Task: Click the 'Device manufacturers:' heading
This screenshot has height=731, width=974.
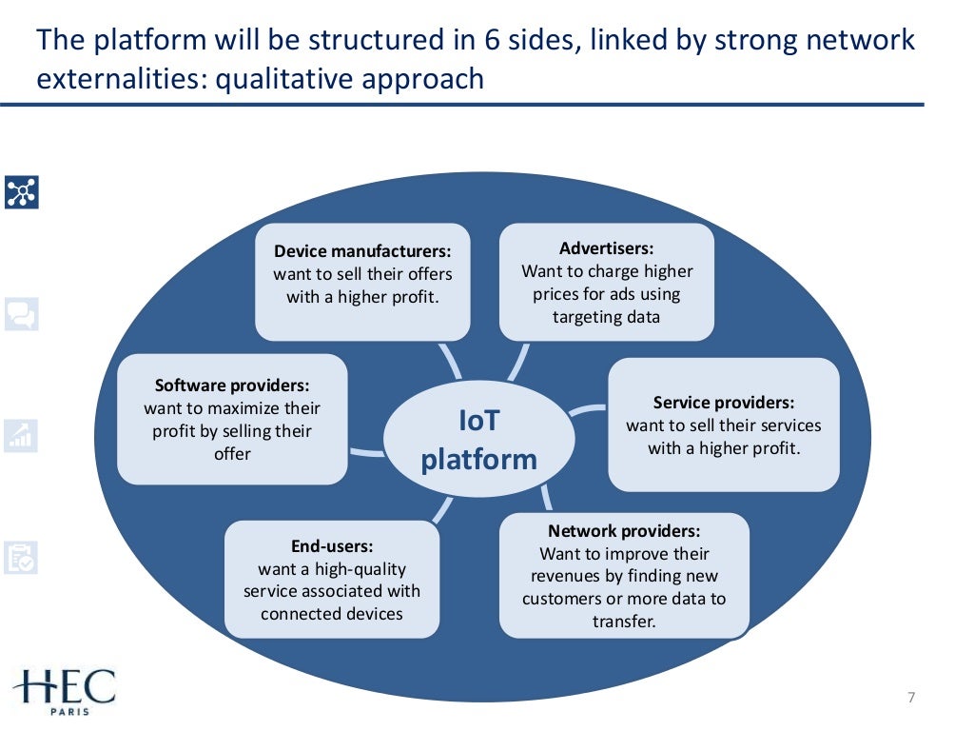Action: click(362, 251)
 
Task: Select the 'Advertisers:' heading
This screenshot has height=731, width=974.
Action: click(606, 248)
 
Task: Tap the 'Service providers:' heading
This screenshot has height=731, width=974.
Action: click(723, 403)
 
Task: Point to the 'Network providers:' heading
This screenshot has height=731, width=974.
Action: click(623, 531)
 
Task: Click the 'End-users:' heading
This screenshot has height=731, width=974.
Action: click(331, 546)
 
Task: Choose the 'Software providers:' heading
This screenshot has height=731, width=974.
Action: click(232, 385)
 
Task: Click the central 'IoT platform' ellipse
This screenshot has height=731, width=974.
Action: click(478, 440)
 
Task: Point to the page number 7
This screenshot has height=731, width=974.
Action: click(910, 699)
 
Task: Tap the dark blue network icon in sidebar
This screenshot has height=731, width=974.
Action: click(21, 191)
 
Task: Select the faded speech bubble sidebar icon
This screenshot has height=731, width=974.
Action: click(21, 313)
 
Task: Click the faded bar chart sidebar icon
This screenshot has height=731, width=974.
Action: click(21, 435)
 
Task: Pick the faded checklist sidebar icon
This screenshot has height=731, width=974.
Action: click(21, 557)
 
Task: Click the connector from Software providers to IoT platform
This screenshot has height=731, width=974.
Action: click(366, 451)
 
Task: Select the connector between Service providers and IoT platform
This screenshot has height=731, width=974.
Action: click(588, 410)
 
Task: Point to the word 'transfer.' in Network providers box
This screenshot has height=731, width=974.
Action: click(624, 622)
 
